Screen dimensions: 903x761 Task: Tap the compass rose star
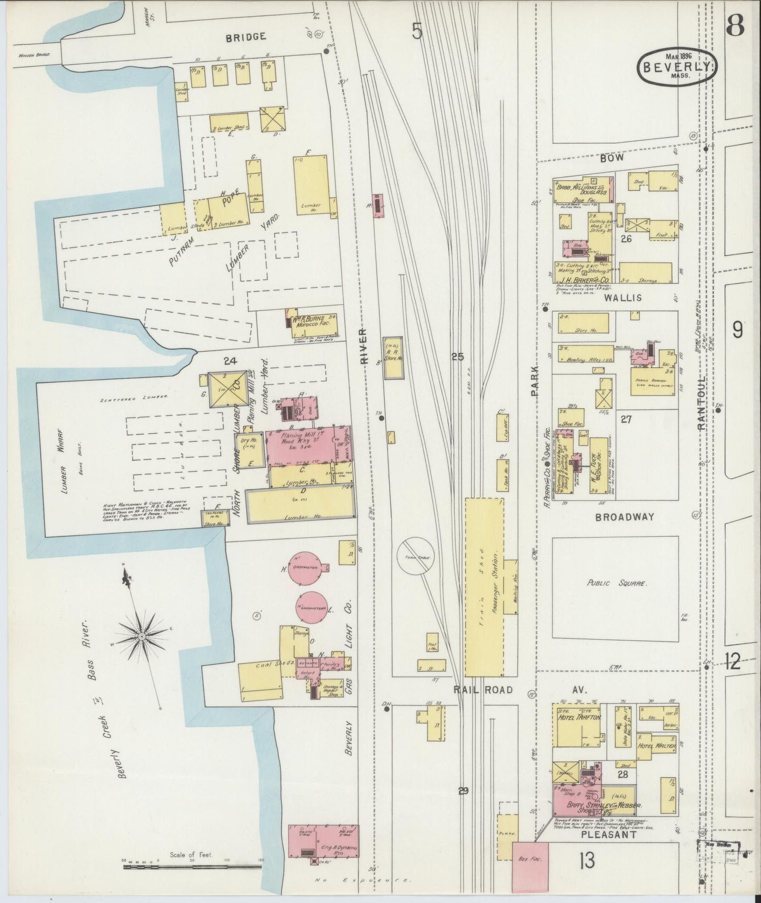click(142, 636)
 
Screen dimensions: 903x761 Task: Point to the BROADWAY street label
click(625, 517)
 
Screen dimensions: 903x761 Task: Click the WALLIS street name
click(623, 298)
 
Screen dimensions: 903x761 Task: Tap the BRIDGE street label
click(245, 37)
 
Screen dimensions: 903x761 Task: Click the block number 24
click(230, 361)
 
